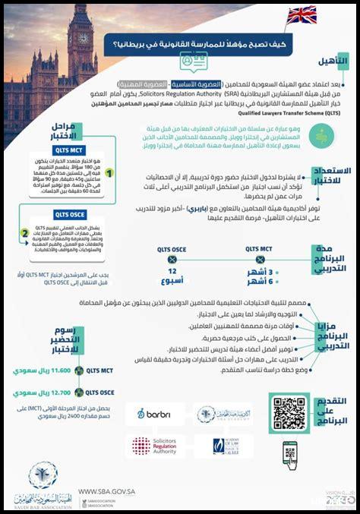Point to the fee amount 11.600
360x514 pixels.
click(x=49, y=371)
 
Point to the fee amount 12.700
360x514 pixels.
click(x=49, y=393)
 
